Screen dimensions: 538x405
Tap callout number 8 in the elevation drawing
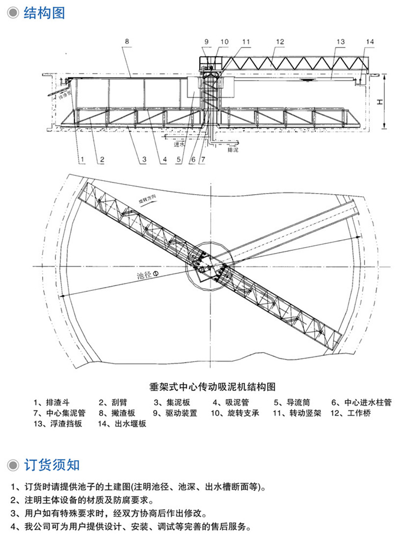(x=127, y=42)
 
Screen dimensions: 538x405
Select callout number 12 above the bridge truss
(x=279, y=42)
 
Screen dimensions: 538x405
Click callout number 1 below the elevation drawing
(x=83, y=159)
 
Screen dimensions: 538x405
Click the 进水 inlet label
(x=180, y=145)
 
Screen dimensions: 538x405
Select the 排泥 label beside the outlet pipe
(x=234, y=150)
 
